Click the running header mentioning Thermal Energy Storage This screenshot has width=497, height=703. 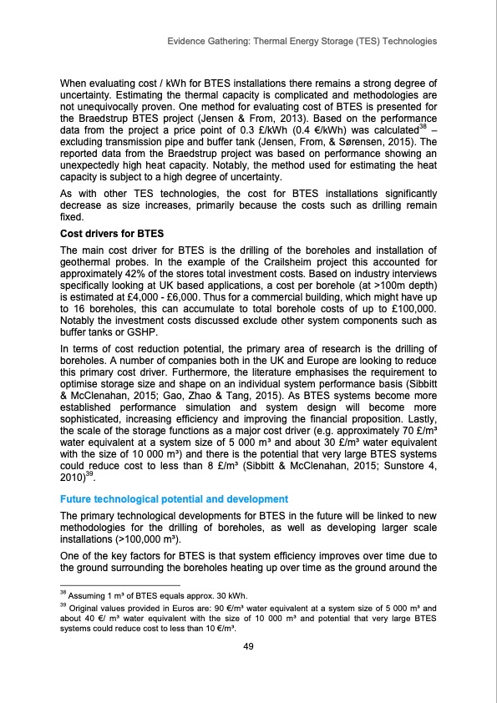(x=302, y=41)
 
